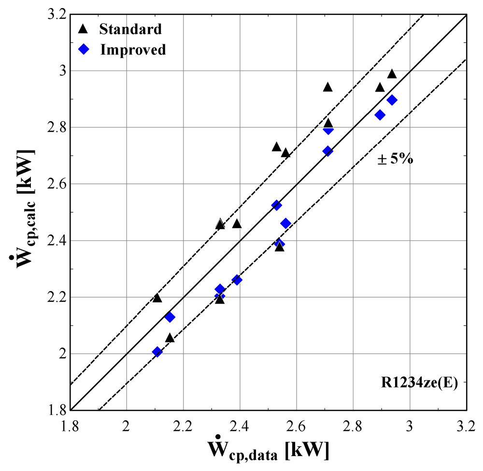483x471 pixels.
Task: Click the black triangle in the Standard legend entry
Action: [x=83, y=29]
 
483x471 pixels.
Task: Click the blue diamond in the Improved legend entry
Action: [x=84, y=49]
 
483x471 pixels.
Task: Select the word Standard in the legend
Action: [x=130, y=29]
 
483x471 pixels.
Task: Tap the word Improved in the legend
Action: [x=133, y=50]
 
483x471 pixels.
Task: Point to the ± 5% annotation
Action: [x=395, y=159]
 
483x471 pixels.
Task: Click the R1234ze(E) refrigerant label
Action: [x=420, y=383]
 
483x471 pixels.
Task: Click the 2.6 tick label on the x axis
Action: [x=297, y=427]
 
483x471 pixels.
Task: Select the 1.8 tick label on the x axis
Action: [x=70, y=427]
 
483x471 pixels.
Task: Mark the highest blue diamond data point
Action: [x=392, y=100]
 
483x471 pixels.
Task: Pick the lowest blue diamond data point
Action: [x=157, y=351]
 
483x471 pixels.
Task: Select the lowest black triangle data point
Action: [x=170, y=338]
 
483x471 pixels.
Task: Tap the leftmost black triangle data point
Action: [x=157, y=298]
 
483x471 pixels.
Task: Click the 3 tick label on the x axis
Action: [x=410, y=427]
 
